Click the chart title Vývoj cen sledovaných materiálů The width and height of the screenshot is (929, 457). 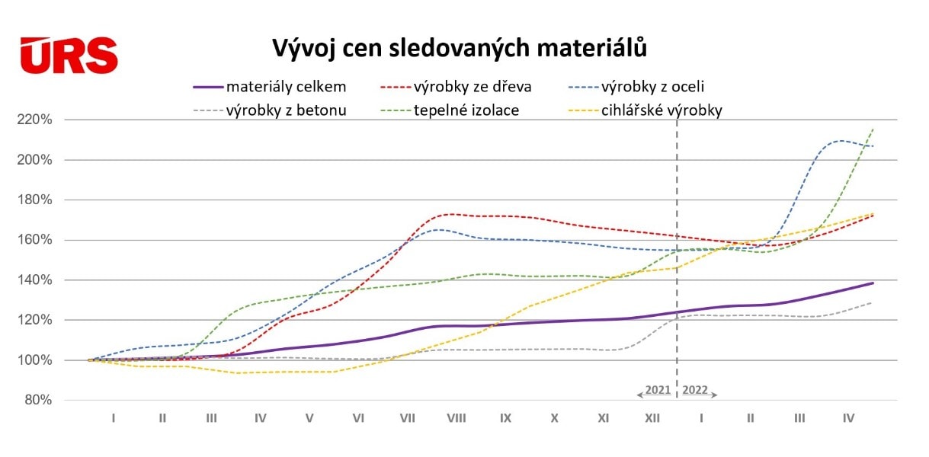(460, 48)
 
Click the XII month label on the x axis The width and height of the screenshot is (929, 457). (652, 418)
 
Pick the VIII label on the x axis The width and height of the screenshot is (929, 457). (456, 418)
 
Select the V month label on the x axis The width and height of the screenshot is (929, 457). (309, 418)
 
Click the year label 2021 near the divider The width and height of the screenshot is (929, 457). (657, 390)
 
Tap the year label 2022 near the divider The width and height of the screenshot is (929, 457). (695, 390)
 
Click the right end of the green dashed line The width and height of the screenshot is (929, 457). (873, 129)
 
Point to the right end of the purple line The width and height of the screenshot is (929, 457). (873, 283)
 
